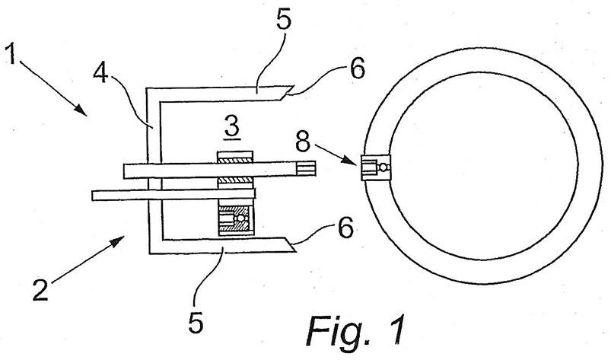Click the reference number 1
point(11,54)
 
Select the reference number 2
point(40,289)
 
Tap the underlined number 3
point(232,127)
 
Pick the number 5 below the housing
point(196,322)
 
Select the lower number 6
point(346,228)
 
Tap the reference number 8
point(303,142)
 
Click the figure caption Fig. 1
point(356,330)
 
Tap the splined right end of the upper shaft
point(306,168)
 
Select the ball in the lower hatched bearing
point(241,218)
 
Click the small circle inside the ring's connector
point(383,167)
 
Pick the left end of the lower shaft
point(92,195)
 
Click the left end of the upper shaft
point(124,171)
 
